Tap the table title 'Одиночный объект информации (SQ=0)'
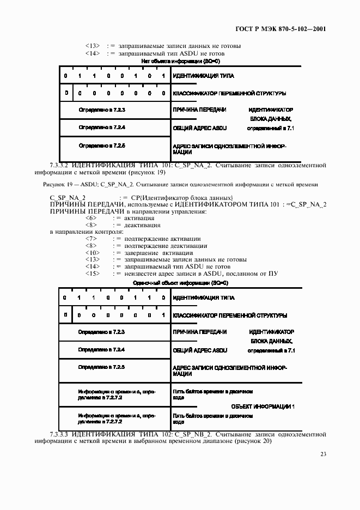180,283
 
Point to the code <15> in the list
92,274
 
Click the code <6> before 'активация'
91,218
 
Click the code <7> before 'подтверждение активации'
91,239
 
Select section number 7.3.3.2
61,163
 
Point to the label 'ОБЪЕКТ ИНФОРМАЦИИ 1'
263,406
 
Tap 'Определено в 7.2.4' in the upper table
102,127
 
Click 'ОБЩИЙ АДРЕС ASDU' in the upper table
199,128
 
